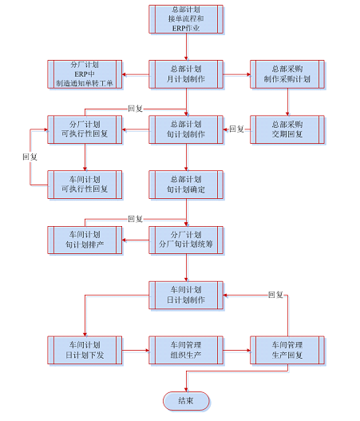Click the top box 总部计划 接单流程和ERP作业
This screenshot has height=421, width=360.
[x=186, y=19]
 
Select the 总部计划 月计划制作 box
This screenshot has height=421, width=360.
[x=186, y=74]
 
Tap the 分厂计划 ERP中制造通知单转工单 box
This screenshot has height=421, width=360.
[x=85, y=74]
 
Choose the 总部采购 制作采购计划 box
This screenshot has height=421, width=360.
[x=287, y=74]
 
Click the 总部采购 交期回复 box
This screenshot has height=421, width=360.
[x=287, y=129]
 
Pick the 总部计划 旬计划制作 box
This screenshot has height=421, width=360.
[x=186, y=129]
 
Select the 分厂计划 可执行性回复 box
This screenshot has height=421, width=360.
[x=85, y=129]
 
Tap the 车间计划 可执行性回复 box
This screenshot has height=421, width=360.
[x=85, y=185]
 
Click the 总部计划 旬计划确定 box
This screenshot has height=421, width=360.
[x=186, y=185]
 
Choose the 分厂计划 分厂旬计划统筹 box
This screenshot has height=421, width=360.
[x=186, y=240]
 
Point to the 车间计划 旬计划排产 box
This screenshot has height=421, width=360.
[x=85, y=240]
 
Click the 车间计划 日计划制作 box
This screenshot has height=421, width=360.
[x=186, y=296]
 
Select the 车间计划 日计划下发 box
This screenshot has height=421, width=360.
[x=85, y=351]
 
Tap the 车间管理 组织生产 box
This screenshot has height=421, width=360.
[x=186, y=351]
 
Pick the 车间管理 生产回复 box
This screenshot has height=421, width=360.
[x=287, y=351]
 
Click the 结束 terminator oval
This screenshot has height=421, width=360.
[x=186, y=401]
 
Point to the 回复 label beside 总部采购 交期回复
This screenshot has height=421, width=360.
[x=236, y=129]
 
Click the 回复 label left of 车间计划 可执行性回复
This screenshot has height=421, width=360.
[x=30, y=157]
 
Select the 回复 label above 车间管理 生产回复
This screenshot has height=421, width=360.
[x=275, y=295]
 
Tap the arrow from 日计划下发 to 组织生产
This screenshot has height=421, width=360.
[x=136, y=351]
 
